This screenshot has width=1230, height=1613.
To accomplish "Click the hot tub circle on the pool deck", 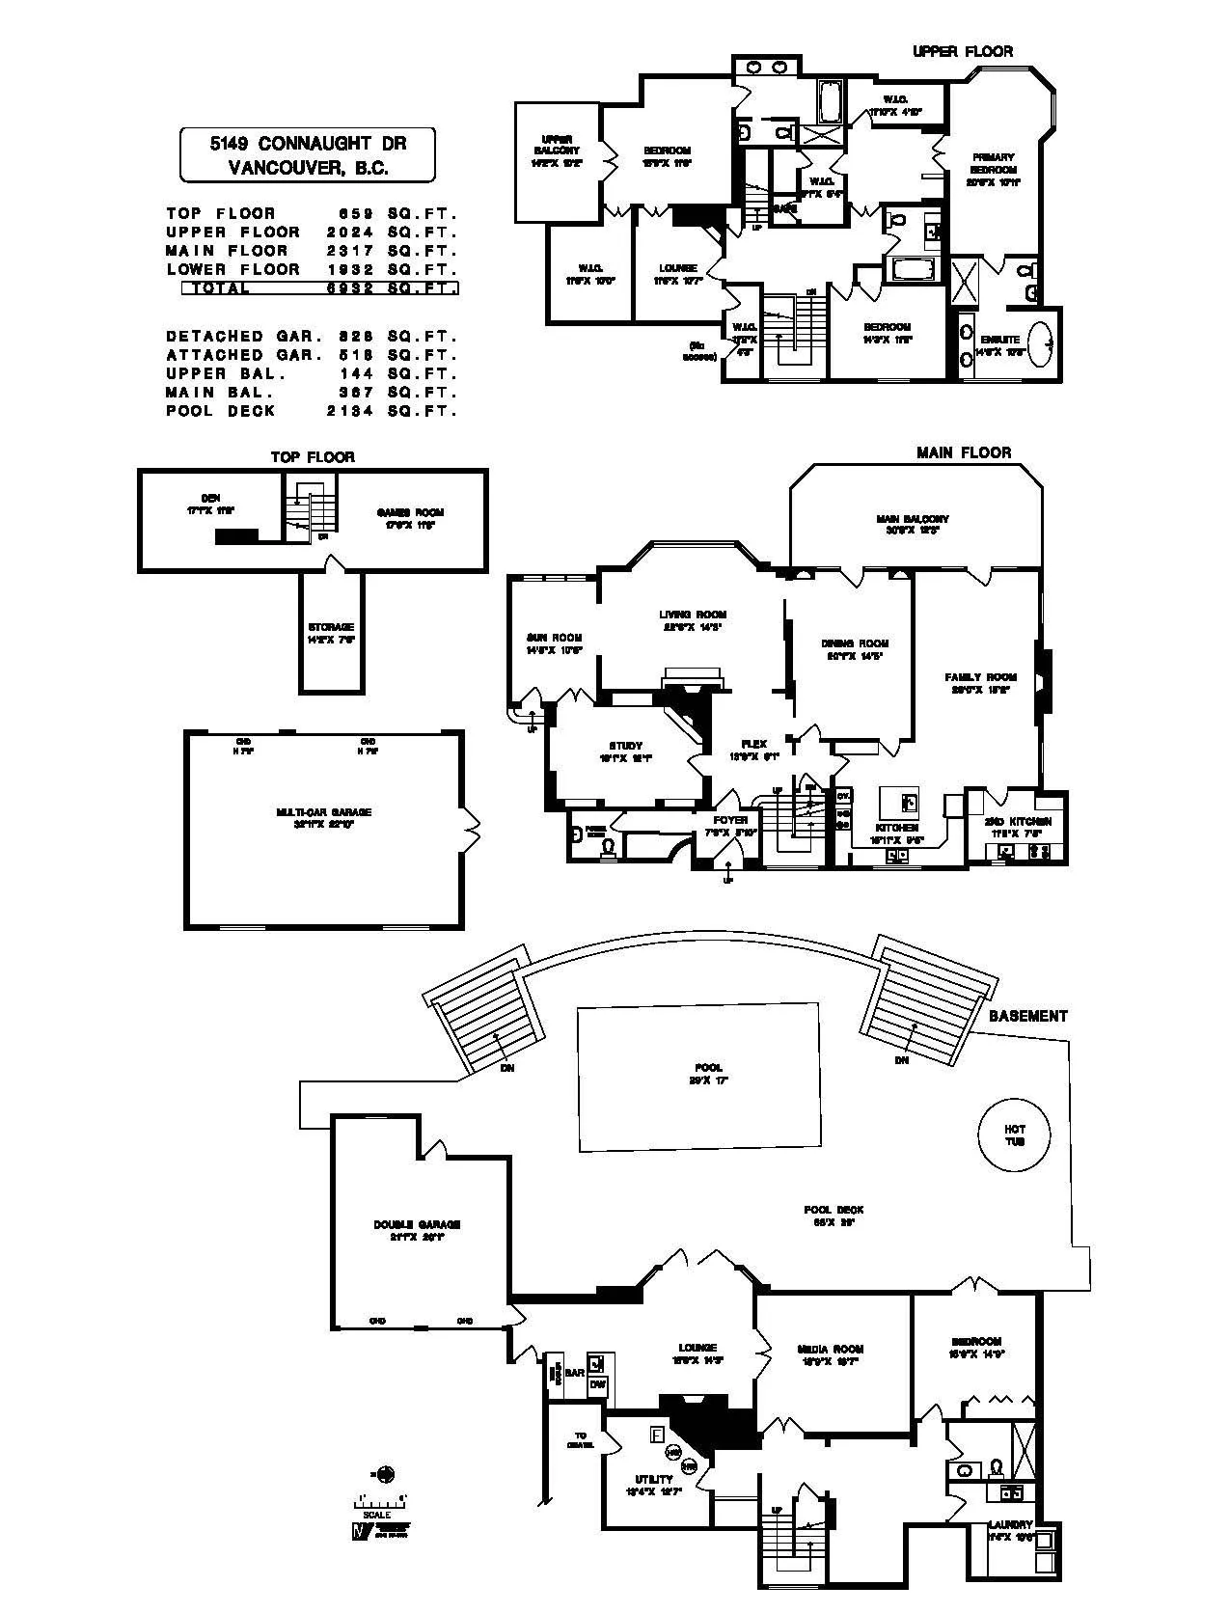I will click(x=1014, y=1135).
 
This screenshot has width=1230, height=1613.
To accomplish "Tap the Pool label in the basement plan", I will click(x=708, y=1074).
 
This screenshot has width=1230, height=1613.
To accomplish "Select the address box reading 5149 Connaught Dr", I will click(x=308, y=154).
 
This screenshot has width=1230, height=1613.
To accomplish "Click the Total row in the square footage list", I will click(x=319, y=287).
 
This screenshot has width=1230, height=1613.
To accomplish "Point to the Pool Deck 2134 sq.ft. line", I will click(x=311, y=411).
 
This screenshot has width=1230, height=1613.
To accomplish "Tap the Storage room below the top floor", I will click(x=331, y=632).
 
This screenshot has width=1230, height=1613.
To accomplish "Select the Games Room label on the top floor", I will click(x=410, y=518).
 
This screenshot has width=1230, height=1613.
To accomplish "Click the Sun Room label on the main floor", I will click(x=554, y=642).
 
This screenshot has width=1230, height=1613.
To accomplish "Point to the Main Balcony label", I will click(x=913, y=524).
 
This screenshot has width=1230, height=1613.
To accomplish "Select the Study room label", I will click(x=625, y=751).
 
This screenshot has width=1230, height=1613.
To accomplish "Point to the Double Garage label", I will click(x=417, y=1230).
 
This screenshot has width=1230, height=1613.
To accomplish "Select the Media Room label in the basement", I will click(x=831, y=1353).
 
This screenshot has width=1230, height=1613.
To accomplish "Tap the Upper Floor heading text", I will click(x=962, y=51).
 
